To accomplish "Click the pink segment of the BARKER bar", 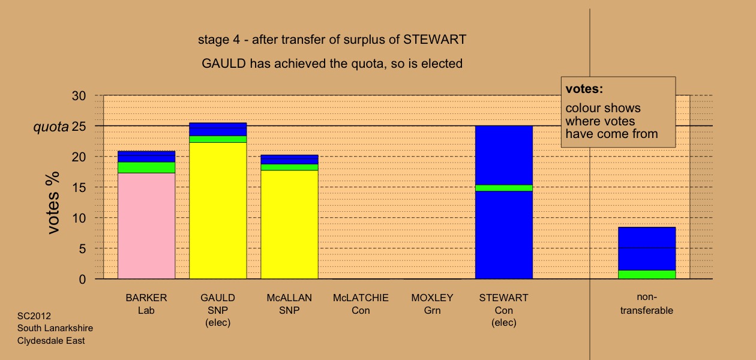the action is click(146, 226).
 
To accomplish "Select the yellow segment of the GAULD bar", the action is click(218, 211).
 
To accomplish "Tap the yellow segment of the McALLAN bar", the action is click(290, 224).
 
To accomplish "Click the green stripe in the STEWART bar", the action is click(504, 188).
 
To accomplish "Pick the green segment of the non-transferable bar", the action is click(647, 274).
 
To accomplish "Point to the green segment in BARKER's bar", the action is click(146, 167).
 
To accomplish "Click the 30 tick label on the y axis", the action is click(79, 96).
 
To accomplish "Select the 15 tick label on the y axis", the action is click(79, 188).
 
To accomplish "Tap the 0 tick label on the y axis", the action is click(82, 280).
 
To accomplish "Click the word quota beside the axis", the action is click(51, 127).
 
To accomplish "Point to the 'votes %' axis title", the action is click(53, 203).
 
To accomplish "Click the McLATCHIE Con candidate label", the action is click(361, 304).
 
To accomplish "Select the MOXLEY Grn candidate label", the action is click(433, 304).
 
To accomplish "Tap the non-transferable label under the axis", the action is click(647, 304).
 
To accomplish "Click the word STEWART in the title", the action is click(434, 40).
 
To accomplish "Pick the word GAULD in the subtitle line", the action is click(224, 64).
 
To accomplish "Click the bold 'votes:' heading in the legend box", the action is click(584, 89).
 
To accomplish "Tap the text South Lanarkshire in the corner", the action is click(55, 328).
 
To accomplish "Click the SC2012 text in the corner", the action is click(34, 316).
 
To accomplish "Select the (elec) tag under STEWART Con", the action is click(504, 323).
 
